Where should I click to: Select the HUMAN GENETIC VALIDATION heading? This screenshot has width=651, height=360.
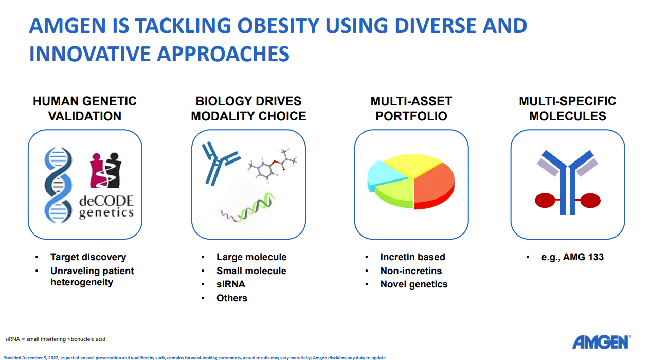click(84, 109)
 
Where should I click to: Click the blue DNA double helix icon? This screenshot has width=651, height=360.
click(58, 185)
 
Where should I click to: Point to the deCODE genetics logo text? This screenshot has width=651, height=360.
click(106, 207)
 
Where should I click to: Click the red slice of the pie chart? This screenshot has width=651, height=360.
click(434, 186)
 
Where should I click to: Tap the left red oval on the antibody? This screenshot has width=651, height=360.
click(545, 200)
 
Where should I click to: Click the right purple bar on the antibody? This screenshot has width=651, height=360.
click(587, 167)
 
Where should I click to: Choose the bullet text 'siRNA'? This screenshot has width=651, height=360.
click(231, 284)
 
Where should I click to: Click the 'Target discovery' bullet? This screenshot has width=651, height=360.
click(88, 257)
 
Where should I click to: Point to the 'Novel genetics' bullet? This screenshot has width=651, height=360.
click(414, 284)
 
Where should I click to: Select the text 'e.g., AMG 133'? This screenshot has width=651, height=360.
click(572, 257)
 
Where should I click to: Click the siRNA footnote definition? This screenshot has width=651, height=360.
click(56, 339)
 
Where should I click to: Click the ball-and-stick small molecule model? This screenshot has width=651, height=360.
click(273, 165)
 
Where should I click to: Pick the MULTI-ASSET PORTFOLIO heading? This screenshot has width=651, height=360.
click(411, 109)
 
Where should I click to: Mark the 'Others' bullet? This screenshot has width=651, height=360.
click(231, 298)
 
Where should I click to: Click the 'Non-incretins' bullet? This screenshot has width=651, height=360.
click(411, 271)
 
